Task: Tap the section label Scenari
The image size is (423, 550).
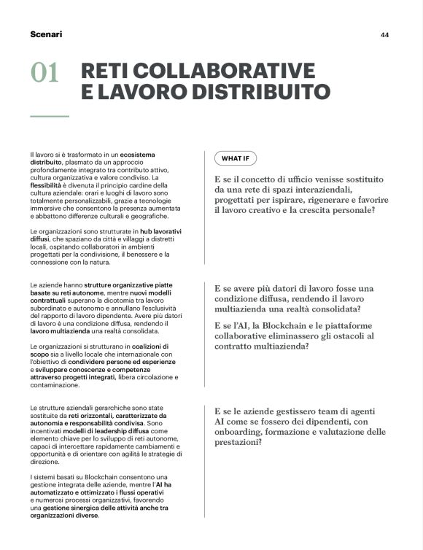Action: click(x=46, y=34)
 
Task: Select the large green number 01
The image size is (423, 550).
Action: click(x=44, y=73)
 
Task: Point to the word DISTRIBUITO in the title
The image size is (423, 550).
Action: click(x=247, y=93)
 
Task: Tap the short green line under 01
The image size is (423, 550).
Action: click(x=49, y=116)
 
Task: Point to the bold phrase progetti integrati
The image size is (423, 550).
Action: click(x=107, y=377)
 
